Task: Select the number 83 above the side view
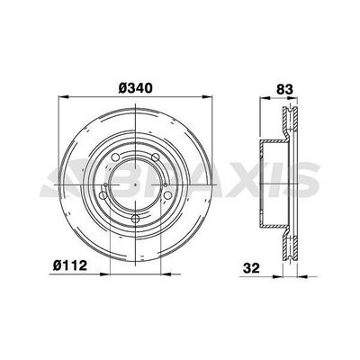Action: click(x=284, y=89)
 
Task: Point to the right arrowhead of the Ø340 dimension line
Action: click(x=210, y=97)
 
